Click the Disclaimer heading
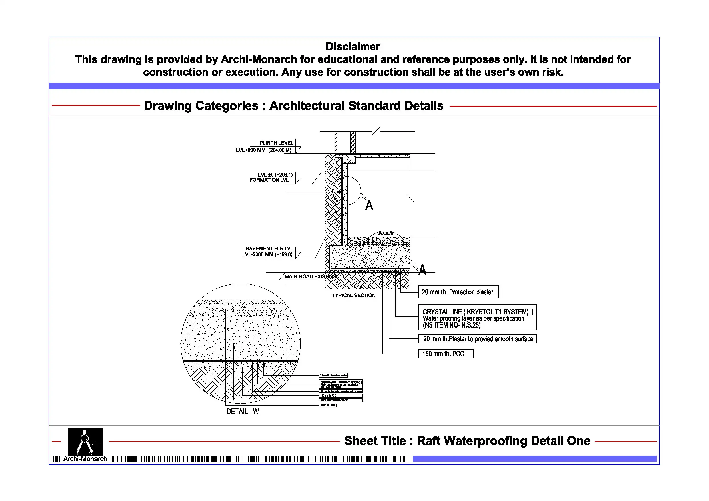[352, 47]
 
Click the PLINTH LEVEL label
[276, 143]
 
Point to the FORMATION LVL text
[269, 180]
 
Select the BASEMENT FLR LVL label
[269, 249]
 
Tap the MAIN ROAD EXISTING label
[310, 276]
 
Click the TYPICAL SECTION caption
[353, 295]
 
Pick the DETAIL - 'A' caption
[242, 412]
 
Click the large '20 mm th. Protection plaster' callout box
[458, 292]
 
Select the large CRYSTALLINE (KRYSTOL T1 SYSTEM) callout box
[477, 318]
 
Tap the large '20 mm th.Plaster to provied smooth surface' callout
[478, 339]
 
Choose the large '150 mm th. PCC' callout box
[446, 354]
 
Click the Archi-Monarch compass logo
[85, 442]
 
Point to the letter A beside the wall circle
[369, 206]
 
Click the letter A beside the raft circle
[422, 270]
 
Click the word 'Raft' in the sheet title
[428, 441]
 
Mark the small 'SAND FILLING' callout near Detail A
[327, 405]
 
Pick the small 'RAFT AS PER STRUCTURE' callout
[341, 400]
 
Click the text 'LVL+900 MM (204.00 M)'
[263, 150]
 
